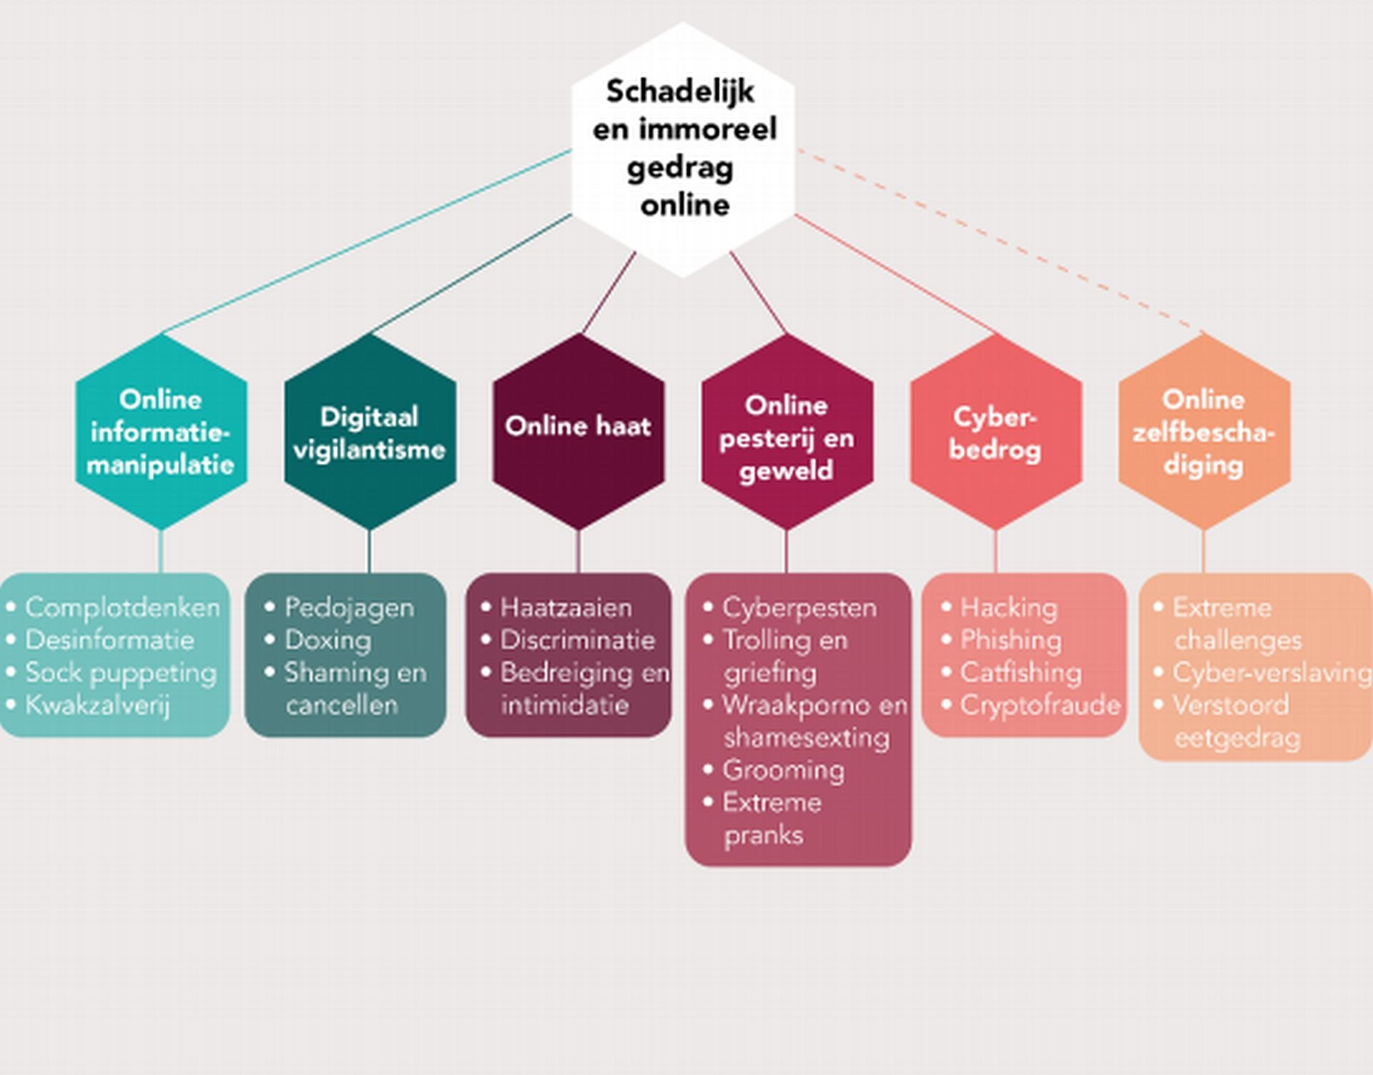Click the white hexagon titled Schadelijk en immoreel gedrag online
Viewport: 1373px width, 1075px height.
point(683,149)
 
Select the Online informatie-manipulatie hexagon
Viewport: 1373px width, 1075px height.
point(161,432)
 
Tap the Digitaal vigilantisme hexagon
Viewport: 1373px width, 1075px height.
point(370,432)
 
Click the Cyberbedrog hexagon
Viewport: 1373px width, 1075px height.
point(995,432)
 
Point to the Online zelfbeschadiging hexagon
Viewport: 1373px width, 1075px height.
point(1204,432)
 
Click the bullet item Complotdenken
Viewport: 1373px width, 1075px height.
point(122,608)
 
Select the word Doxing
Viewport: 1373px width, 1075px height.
point(328,640)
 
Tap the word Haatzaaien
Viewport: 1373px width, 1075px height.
point(566,608)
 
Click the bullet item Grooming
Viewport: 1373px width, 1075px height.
point(783,771)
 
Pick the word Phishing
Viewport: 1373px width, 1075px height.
point(1010,640)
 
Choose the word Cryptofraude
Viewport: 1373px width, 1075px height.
point(1040,705)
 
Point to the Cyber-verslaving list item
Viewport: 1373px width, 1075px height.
point(1271,673)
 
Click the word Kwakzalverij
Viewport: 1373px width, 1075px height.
point(97,705)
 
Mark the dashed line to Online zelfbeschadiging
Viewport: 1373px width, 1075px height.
point(1001,239)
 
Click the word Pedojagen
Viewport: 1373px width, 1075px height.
point(349,608)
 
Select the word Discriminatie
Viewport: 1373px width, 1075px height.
point(577,640)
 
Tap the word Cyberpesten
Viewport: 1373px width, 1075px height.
point(799,608)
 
